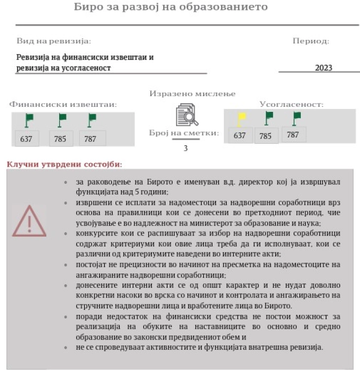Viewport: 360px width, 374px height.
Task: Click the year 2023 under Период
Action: coord(324,68)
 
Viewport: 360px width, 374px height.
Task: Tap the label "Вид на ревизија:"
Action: coord(54,41)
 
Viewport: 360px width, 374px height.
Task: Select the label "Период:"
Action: coord(311,41)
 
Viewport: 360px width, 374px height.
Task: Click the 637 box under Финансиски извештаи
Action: coord(26,139)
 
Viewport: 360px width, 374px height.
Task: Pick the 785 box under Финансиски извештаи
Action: coord(60,139)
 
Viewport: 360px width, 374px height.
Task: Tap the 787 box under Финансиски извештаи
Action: coord(91,139)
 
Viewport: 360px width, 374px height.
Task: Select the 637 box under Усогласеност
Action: coord(240,136)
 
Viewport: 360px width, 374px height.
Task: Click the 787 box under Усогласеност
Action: coord(293,135)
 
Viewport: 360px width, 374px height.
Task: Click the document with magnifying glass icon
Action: coord(186,115)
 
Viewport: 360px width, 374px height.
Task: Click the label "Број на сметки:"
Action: coord(183,133)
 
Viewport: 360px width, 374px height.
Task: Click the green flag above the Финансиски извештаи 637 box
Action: coord(29,120)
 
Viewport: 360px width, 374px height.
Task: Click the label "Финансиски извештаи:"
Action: coord(63,104)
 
